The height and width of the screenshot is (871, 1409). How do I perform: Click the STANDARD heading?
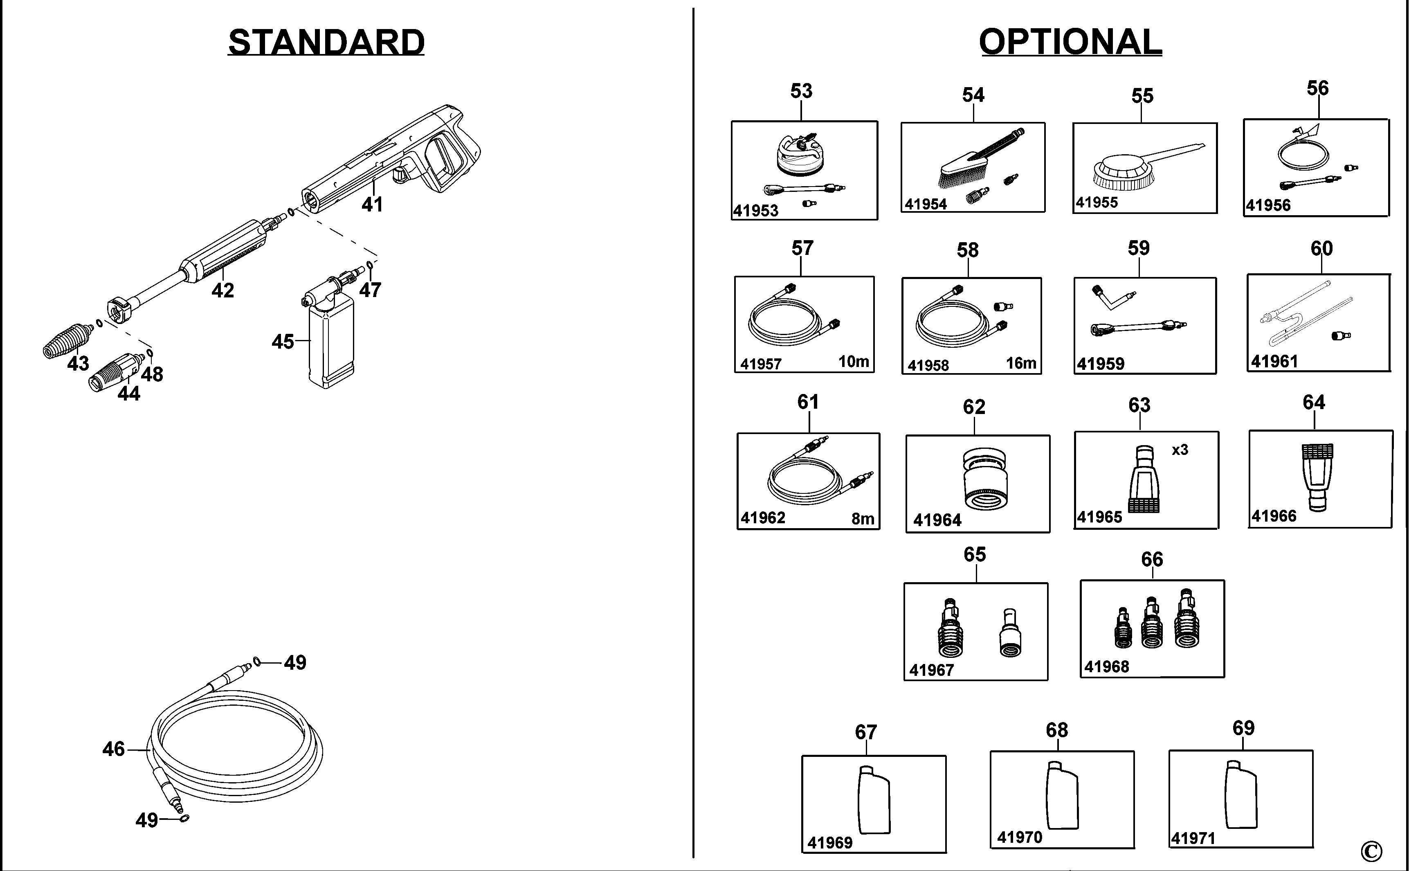point(326,42)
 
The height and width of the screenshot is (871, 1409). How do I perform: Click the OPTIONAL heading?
point(1070,42)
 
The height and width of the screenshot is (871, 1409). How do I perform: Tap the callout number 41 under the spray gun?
point(372,204)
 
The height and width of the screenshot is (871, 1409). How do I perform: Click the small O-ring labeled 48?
point(150,353)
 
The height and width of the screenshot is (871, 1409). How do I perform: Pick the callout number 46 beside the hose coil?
point(113,749)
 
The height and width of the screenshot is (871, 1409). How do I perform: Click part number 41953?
point(755,211)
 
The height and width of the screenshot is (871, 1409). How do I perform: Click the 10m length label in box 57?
point(853,361)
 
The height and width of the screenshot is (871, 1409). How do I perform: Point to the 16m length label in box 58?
point(1021,363)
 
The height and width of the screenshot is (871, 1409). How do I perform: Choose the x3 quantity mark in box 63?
point(1180,450)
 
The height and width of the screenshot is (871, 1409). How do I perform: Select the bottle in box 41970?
point(1062,796)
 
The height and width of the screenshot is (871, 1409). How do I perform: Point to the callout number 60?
point(1321,249)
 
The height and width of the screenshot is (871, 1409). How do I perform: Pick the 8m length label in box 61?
point(863,519)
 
